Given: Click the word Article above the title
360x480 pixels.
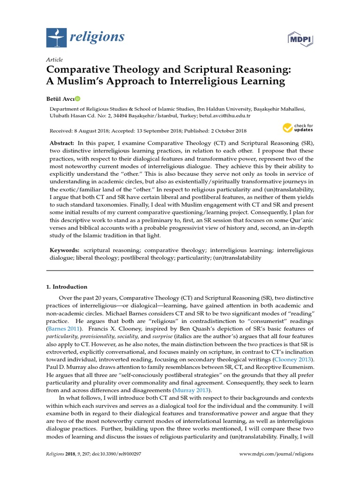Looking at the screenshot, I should tap(54, 60).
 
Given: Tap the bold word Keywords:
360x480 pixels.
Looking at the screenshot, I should tap(65, 250).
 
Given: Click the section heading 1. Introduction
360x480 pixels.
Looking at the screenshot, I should tap(67, 287).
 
